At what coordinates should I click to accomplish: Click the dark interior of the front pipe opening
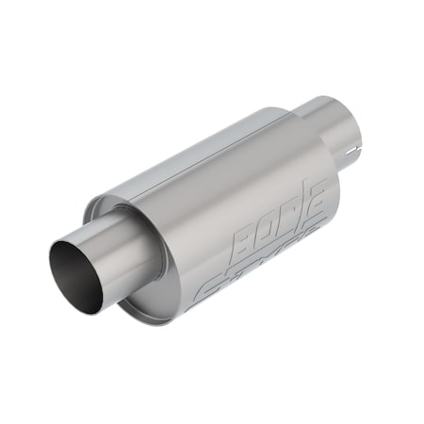(x=77, y=276)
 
